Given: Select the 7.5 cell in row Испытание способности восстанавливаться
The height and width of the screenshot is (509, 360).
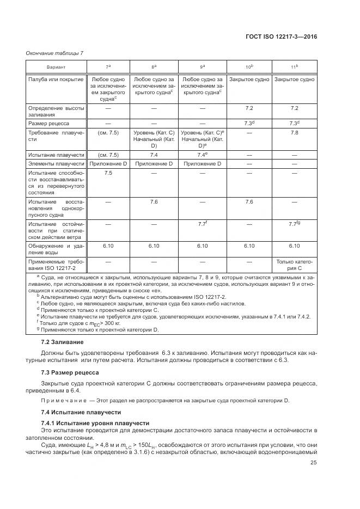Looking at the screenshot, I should click(108, 173).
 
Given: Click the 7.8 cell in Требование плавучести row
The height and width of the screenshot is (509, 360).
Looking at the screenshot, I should click(294, 133).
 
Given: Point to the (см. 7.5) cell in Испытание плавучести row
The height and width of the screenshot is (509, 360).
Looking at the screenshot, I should click(108, 155).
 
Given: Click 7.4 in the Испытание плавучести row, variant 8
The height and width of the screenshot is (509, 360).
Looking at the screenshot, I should click(154, 155).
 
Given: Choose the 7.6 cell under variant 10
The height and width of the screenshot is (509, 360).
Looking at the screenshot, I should click(249, 201).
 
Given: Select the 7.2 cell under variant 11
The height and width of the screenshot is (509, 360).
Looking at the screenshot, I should click(294, 108).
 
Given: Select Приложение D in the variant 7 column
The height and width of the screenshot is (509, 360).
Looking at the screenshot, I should click(108, 163).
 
